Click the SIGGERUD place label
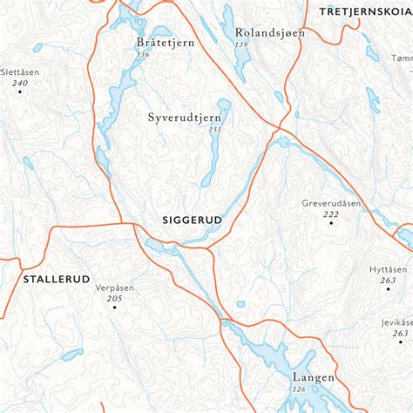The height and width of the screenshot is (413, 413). click(x=193, y=221)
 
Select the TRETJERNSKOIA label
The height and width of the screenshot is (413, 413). click(x=365, y=10)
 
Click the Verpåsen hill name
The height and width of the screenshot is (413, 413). click(x=115, y=288)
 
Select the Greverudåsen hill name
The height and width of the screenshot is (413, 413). click(x=331, y=203)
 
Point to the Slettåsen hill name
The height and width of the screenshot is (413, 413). click(x=20, y=71)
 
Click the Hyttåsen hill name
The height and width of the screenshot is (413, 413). click(x=389, y=269)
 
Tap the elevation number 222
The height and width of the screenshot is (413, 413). click(x=331, y=213)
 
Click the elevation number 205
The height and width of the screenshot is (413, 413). click(x=114, y=299)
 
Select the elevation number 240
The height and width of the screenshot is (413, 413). click(x=20, y=82)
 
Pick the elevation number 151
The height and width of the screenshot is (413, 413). click(x=214, y=129)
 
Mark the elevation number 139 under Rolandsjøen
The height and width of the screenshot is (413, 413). click(x=241, y=44)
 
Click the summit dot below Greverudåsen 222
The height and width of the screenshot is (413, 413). click(x=331, y=223)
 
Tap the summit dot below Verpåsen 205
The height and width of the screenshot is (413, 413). click(x=114, y=308)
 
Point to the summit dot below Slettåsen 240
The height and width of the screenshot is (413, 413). click(x=20, y=91)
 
